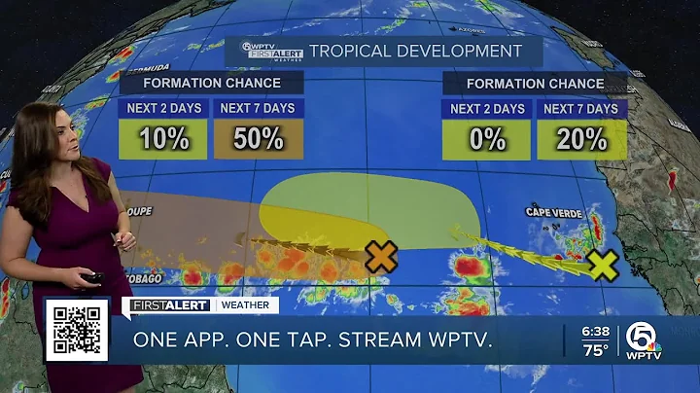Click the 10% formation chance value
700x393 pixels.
[x=162, y=138]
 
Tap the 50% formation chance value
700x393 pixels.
[x=258, y=138]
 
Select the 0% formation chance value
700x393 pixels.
[x=486, y=138]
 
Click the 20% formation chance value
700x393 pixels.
[x=581, y=138]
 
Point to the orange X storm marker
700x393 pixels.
[x=381, y=257]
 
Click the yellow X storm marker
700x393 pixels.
[x=603, y=265]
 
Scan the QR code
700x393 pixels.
[x=77, y=329]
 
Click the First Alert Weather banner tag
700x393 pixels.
[x=200, y=305]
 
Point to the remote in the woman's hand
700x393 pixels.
[x=91, y=279]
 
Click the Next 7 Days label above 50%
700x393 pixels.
[x=258, y=108]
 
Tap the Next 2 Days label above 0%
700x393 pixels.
[x=486, y=108]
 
